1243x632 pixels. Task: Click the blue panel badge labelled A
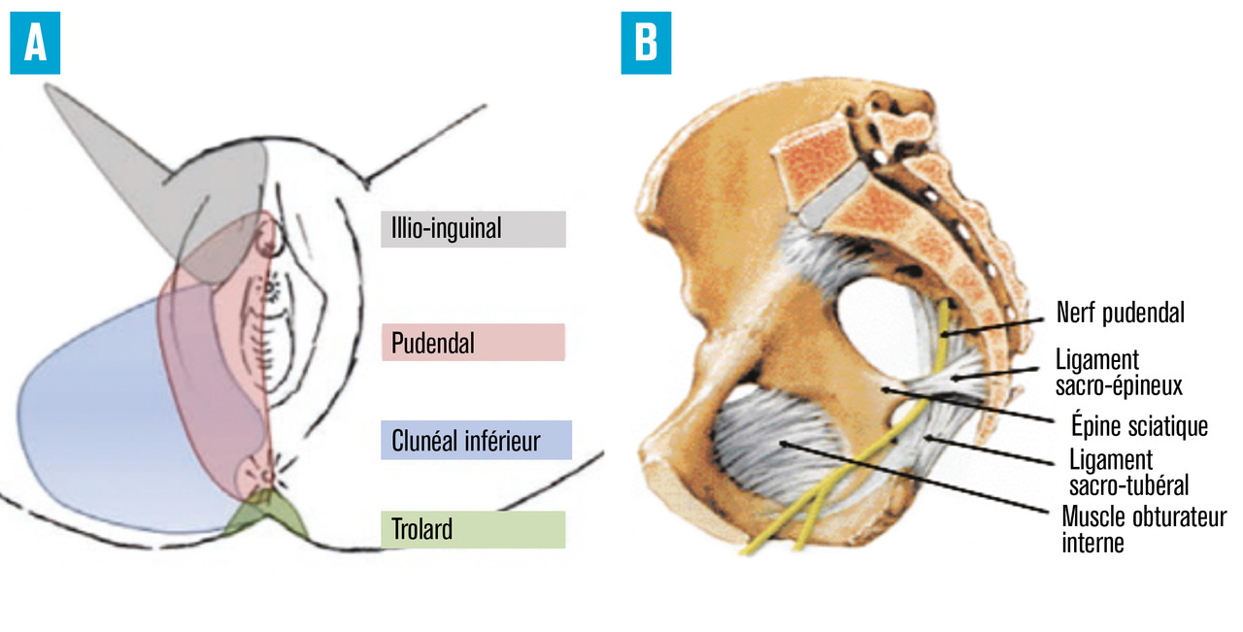pyautogui.click(x=35, y=45)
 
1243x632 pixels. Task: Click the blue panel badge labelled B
pyautogui.click(x=646, y=45)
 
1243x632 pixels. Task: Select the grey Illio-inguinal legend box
pyautogui.click(x=473, y=229)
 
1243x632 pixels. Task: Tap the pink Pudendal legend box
pyautogui.click(x=473, y=343)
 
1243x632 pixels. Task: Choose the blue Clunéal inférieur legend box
pyautogui.click(x=477, y=440)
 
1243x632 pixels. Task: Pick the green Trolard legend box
pyautogui.click(x=473, y=530)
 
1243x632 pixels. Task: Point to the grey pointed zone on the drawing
pyautogui.click(x=117, y=146)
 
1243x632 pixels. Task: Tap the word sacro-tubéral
pyautogui.click(x=1128, y=483)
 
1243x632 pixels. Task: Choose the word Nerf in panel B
pyautogui.click(x=1076, y=313)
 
